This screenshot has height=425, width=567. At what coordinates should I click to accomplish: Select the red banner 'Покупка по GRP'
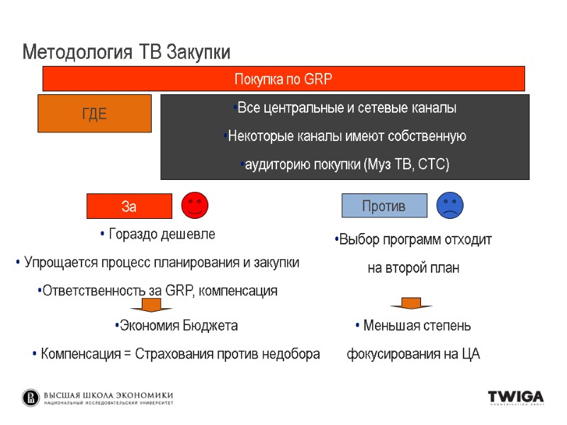click(x=283, y=79)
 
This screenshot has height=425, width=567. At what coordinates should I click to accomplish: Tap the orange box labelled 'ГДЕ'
click(x=94, y=113)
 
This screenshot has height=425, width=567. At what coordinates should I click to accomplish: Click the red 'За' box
click(x=129, y=206)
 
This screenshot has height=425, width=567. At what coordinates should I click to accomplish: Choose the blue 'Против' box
click(x=384, y=206)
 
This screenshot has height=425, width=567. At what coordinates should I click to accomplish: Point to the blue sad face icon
click(x=450, y=205)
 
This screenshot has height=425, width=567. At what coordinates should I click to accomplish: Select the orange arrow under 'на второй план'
click(x=411, y=303)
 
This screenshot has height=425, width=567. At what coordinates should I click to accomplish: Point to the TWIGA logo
click(x=515, y=397)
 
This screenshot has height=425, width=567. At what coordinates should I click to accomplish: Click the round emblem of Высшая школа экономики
click(x=31, y=397)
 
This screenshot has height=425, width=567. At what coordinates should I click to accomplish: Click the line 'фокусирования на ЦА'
click(x=413, y=353)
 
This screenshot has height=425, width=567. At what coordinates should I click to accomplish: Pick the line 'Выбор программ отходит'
click(x=413, y=240)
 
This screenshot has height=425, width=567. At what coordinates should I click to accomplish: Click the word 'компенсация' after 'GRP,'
click(x=242, y=290)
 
